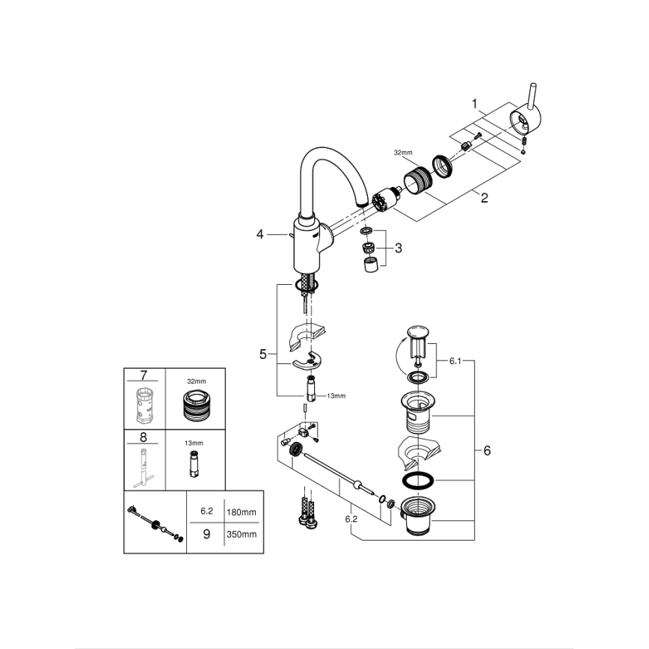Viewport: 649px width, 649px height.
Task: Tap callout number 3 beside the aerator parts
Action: (398, 247)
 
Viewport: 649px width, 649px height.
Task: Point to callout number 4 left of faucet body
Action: (260, 235)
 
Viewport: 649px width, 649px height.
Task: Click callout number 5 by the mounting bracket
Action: (262, 354)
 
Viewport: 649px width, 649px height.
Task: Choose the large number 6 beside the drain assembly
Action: (487, 451)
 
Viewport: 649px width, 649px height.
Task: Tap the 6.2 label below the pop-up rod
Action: (351, 517)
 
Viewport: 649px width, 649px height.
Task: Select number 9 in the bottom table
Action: (206, 534)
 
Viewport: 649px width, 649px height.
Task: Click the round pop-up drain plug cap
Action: (416, 332)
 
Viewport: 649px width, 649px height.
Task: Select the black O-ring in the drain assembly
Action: (416, 480)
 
